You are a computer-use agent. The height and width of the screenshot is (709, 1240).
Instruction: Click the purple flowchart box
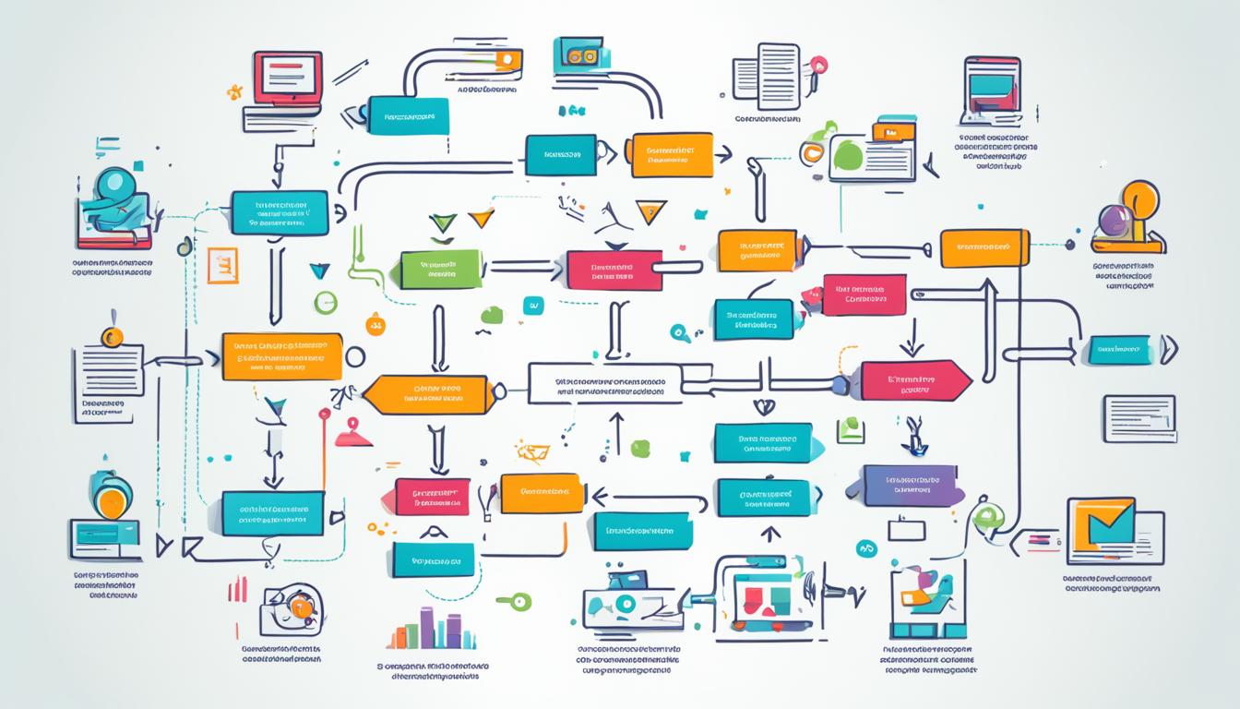pyautogui.click(x=912, y=486)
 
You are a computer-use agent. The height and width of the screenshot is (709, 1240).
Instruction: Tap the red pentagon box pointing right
pyautogui.click(x=914, y=380)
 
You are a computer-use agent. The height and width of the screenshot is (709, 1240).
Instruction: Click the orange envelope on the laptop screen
pyautogui.click(x=1103, y=527)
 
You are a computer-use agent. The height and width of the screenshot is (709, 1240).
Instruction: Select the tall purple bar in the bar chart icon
pyautogui.click(x=427, y=628)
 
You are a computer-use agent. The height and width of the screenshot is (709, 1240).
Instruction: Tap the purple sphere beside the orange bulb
pyautogui.click(x=1112, y=222)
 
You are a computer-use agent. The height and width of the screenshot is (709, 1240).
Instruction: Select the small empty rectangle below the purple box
pyautogui.click(x=905, y=529)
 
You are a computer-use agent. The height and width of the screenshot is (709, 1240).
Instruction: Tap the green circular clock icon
pyautogui.click(x=325, y=302)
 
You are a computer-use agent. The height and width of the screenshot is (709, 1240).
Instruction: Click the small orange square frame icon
pyautogui.click(x=222, y=265)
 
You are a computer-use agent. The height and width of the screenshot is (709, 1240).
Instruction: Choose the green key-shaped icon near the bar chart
pyautogui.click(x=514, y=601)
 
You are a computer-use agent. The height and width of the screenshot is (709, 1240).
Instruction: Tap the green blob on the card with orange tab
pyautogui.click(x=846, y=156)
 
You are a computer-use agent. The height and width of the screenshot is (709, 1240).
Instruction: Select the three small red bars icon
pyautogui.click(x=237, y=589)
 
